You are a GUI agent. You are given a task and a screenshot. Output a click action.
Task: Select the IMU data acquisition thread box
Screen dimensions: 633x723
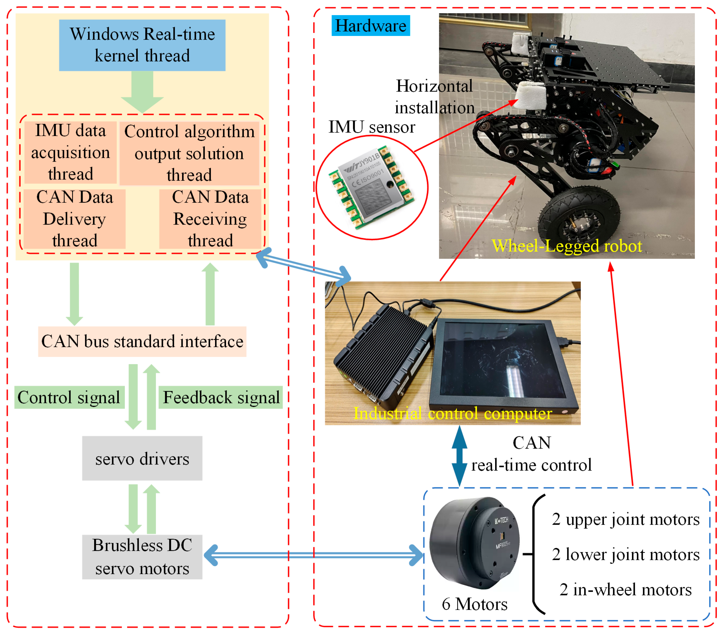70,152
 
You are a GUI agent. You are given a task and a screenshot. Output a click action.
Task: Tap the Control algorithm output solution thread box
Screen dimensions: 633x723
189,153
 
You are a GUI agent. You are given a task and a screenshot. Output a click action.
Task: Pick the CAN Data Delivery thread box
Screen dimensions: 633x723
74,219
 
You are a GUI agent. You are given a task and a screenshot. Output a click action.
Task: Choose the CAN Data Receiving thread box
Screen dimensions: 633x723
210,219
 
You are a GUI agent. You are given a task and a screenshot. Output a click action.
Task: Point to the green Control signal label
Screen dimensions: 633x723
69,397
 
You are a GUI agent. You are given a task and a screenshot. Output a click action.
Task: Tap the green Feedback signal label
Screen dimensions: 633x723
221,397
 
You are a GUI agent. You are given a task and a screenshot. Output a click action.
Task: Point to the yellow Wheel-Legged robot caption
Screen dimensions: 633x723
567,246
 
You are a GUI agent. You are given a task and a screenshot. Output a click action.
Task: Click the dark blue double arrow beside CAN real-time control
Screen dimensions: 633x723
459,456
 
